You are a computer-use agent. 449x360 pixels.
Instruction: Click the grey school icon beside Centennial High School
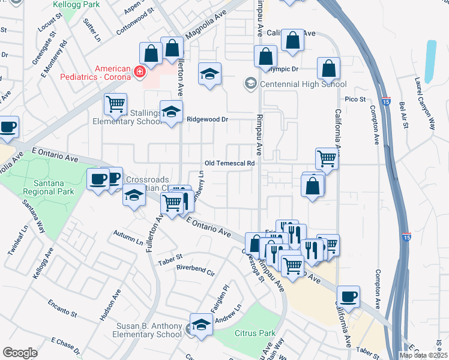point(250,83)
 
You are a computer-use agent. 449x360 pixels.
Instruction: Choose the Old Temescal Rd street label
point(230,163)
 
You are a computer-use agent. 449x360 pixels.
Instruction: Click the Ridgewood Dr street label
point(208,119)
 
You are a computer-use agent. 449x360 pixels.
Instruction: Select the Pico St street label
point(355,99)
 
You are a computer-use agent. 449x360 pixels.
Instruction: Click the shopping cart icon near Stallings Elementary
point(115,103)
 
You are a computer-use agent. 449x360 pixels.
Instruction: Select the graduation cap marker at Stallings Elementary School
point(171,112)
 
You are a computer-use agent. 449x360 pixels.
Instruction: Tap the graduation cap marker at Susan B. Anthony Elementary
point(202,324)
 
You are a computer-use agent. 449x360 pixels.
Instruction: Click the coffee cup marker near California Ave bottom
point(348,296)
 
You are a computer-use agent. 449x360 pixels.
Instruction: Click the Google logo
point(20,353)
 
